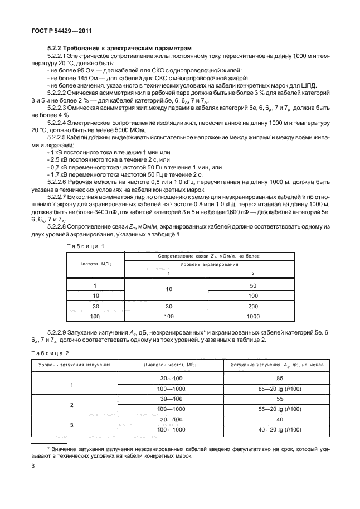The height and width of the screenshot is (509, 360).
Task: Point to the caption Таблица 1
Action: point(85,246)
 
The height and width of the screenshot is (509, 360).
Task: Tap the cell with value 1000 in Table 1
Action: point(253,316)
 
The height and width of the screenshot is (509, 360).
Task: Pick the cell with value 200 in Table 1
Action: point(253,306)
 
